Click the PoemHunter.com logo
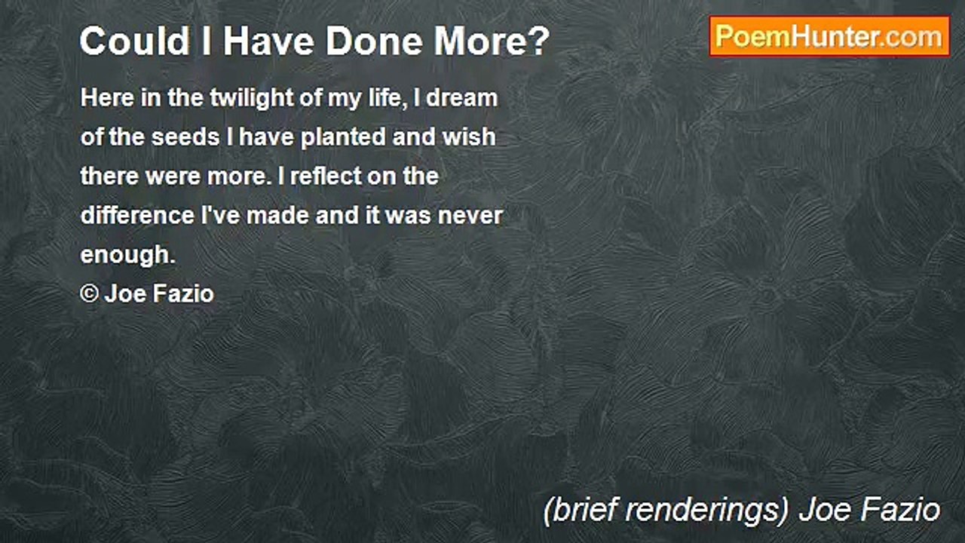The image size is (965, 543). pyautogui.click(x=829, y=36)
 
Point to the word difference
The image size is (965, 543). pyautogui.click(x=137, y=216)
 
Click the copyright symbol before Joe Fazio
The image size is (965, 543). pyautogui.click(x=89, y=294)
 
